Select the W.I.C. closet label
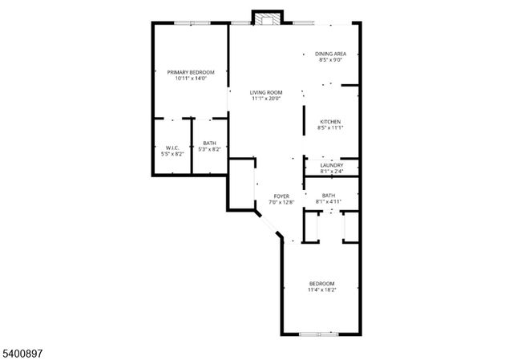(172, 148)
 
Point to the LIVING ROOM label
(266, 93)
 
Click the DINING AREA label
(330, 54)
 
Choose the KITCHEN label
(331, 122)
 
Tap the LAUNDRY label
(331, 165)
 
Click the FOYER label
(281, 196)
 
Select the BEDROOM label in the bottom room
(321, 283)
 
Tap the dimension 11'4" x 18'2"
(321, 289)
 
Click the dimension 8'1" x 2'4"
(331, 171)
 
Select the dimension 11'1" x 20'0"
(266, 99)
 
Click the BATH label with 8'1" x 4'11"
(329, 196)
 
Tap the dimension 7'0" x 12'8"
(281, 202)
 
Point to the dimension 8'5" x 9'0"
(330, 60)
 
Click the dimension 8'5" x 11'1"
(331, 128)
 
